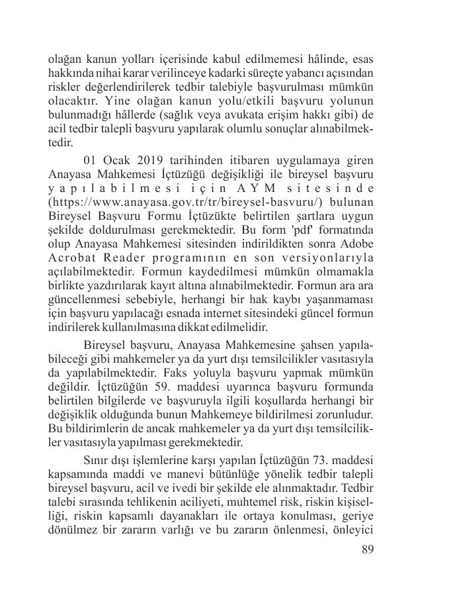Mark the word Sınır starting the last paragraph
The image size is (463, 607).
click(x=98, y=459)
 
